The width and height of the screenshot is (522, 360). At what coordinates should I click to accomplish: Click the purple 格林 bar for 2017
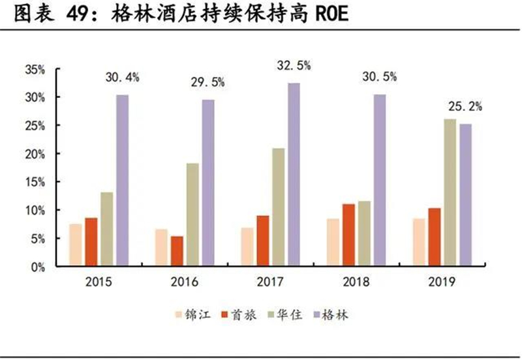(x=294, y=174)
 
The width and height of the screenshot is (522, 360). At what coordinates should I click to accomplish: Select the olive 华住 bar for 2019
(x=450, y=192)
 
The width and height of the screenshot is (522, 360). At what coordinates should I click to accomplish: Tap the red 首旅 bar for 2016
(x=177, y=251)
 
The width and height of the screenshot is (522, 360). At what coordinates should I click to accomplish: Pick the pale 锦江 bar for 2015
(x=76, y=245)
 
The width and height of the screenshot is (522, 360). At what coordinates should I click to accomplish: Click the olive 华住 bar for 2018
(x=364, y=233)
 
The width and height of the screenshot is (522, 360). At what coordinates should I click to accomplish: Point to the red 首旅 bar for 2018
(x=348, y=235)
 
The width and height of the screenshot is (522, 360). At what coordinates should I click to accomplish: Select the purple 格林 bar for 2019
(x=466, y=195)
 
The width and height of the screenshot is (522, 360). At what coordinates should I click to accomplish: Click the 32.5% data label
(x=294, y=66)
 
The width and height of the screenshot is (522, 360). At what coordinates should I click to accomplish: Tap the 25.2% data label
(x=465, y=106)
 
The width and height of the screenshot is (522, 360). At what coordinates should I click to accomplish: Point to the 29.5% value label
(x=207, y=82)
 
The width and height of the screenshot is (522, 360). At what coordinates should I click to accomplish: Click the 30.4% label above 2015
(x=122, y=78)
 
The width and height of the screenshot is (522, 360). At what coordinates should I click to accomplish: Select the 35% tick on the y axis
(x=35, y=70)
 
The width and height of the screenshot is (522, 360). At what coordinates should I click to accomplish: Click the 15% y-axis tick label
(x=35, y=182)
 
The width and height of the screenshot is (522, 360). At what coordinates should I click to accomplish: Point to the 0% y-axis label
(x=38, y=267)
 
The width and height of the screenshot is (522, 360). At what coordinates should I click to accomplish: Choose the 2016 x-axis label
(x=185, y=282)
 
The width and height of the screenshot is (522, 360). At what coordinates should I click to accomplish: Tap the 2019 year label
(x=442, y=282)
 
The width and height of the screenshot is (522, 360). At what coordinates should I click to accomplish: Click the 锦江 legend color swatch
(x=179, y=314)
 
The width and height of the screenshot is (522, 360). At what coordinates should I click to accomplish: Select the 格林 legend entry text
(x=335, y=314)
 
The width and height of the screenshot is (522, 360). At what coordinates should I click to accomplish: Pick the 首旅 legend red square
(x=224, y=314)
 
